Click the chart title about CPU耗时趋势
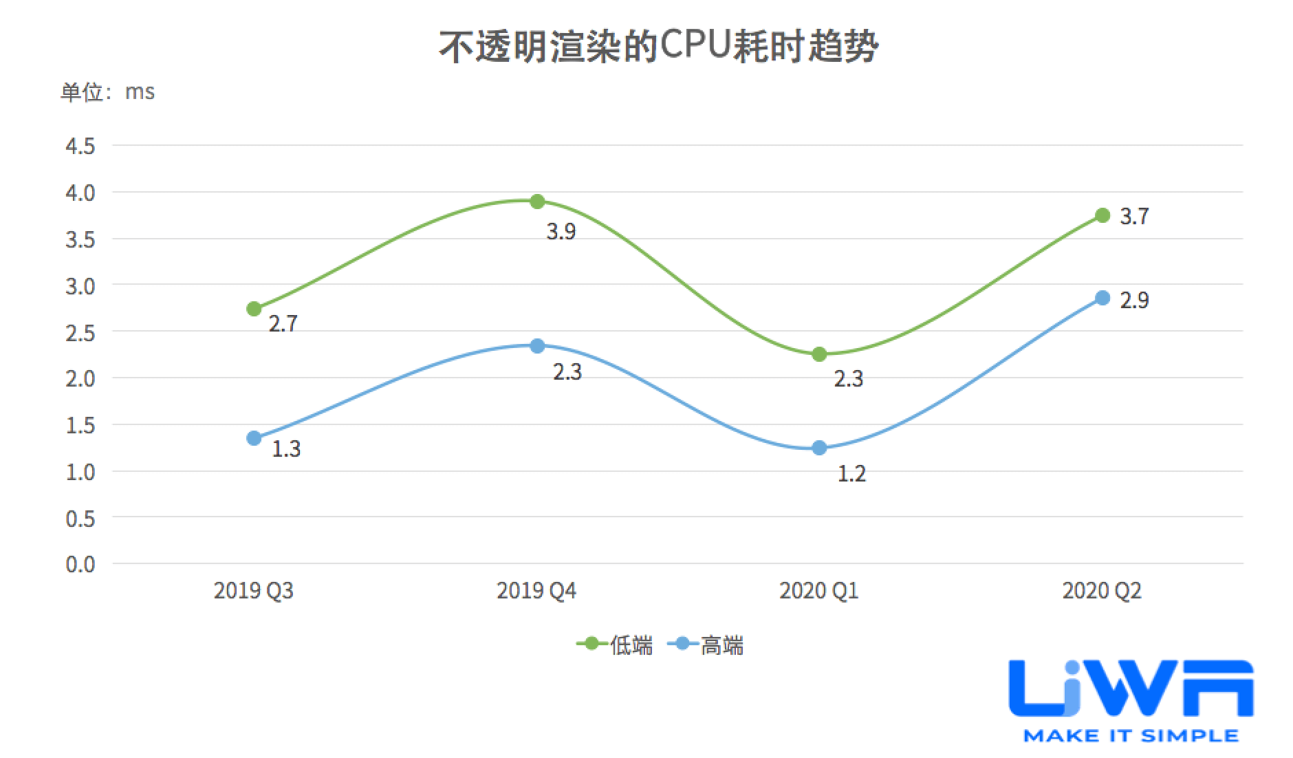coord(658,47)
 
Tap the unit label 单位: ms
coord(108,91)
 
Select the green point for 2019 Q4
coord(537,202)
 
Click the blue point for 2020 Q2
coord(1102,298)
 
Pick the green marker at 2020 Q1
coord(819,354)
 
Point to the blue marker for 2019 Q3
coord(254,438)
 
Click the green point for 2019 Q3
coord(254,309)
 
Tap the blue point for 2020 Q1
coord(819,448)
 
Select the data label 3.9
coord(561,232)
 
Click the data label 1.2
coord(851,474)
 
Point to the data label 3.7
coord(1134,217)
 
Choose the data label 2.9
coord(1134,300)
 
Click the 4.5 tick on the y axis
coord(80,146)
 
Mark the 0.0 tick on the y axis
coord(80,564)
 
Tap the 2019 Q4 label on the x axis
coord(536,591)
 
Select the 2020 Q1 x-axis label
coord(819,591)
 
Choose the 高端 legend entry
coord(707,645)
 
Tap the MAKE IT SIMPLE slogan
coord(1131,736)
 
